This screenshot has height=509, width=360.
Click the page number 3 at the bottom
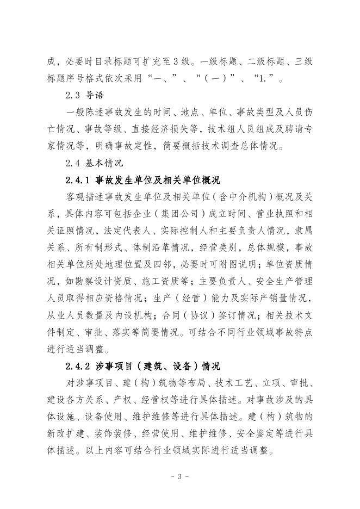click(179, 476)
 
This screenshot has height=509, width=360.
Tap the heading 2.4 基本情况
click(94, 162)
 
